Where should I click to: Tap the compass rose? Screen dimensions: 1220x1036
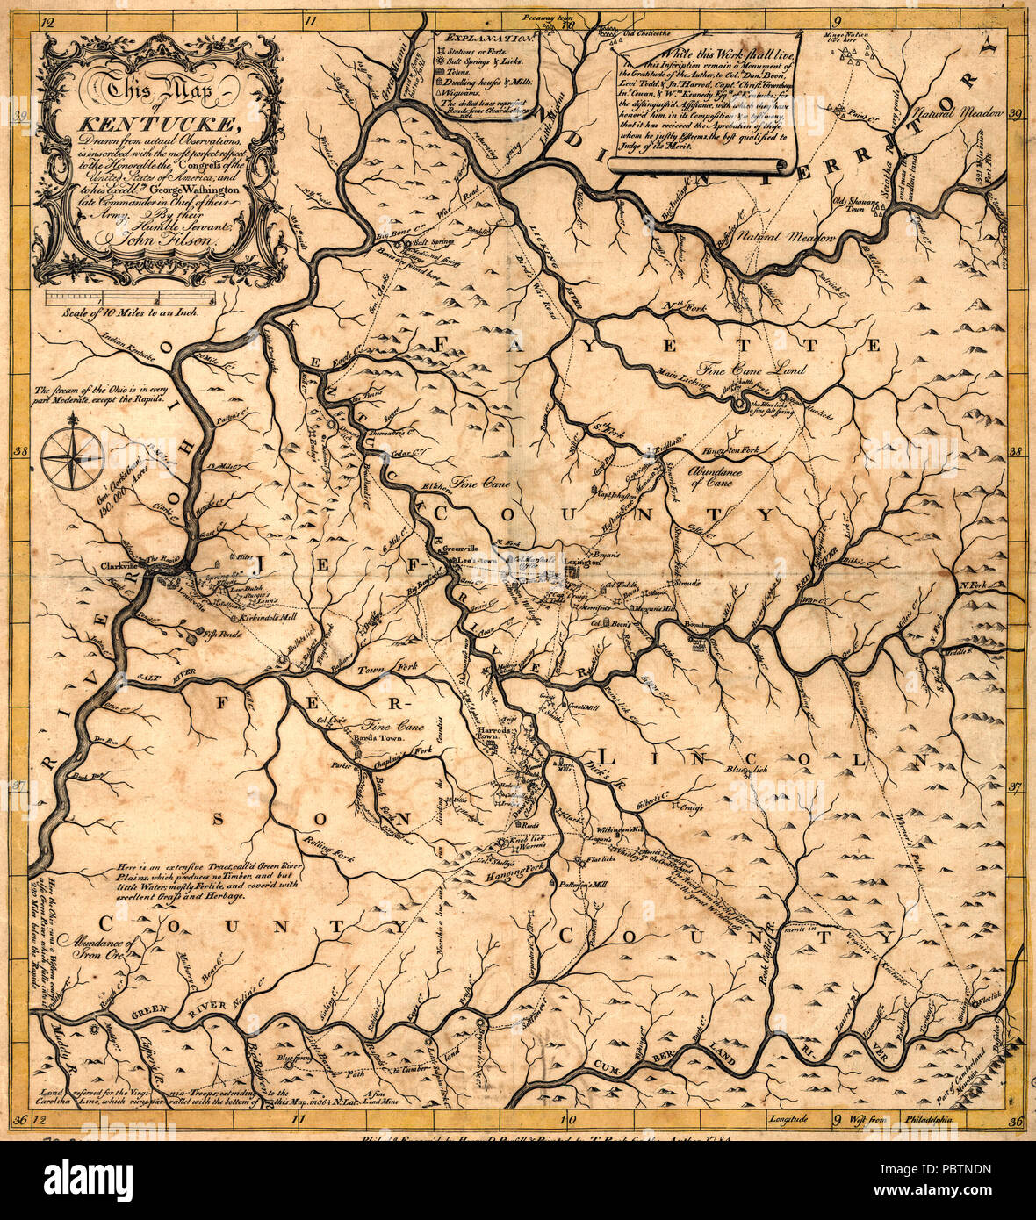point(73,456)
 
